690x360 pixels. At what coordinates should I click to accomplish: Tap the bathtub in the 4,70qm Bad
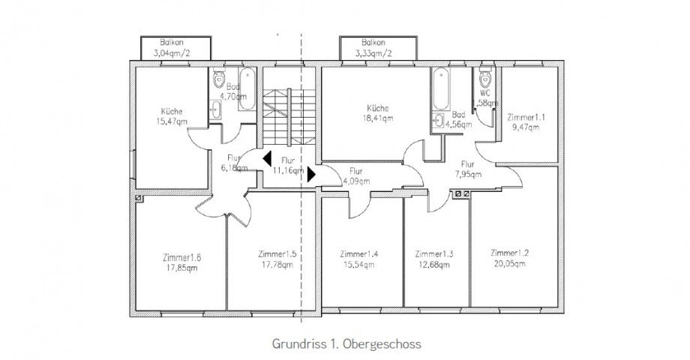coord(247,90)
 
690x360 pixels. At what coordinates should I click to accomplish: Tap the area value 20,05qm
coord(509,263)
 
